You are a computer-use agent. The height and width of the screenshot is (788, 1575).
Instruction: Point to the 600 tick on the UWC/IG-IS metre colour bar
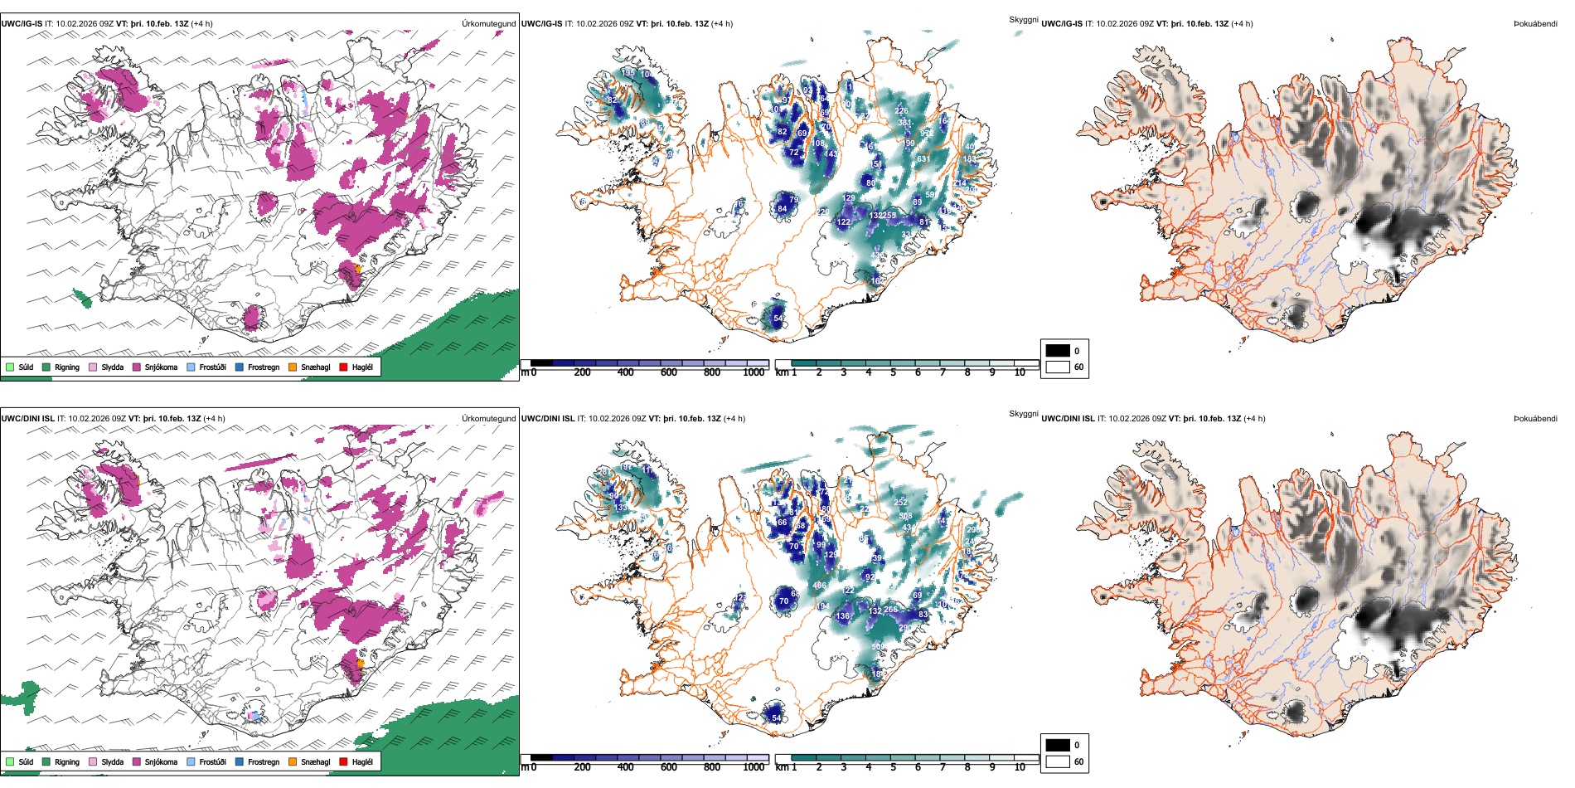click(668, 372)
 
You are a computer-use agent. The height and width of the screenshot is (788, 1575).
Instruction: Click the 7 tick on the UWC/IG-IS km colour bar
click(943, 372)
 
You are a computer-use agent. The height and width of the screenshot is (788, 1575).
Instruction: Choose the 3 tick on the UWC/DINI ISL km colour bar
click(844, 767)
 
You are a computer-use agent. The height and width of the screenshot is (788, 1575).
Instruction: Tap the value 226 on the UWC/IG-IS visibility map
click(901, 110)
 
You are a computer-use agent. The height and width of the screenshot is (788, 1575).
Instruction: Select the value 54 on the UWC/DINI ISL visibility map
click(777, 717)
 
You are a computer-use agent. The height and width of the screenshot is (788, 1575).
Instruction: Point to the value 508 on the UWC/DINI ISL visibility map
click(905, 516)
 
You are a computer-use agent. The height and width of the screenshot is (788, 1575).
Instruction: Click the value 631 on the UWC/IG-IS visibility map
click(923, 159)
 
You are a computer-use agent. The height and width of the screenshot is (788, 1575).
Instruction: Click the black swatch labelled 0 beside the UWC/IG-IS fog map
click(1057, 351)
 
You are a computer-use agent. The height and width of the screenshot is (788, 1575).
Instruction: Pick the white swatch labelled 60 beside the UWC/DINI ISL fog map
click(1057, 761)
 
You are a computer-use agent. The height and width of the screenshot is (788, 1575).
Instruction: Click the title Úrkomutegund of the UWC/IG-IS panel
click(488, 24)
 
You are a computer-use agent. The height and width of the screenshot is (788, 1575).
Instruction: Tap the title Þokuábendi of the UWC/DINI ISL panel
click(1535, 419)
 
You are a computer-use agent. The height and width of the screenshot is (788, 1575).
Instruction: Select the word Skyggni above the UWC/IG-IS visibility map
click(1023, 19)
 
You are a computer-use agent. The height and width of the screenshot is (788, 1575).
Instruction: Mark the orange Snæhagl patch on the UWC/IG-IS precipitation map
click(358, 269)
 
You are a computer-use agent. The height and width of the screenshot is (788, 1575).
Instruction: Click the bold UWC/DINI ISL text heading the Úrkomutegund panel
click(27, 419)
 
